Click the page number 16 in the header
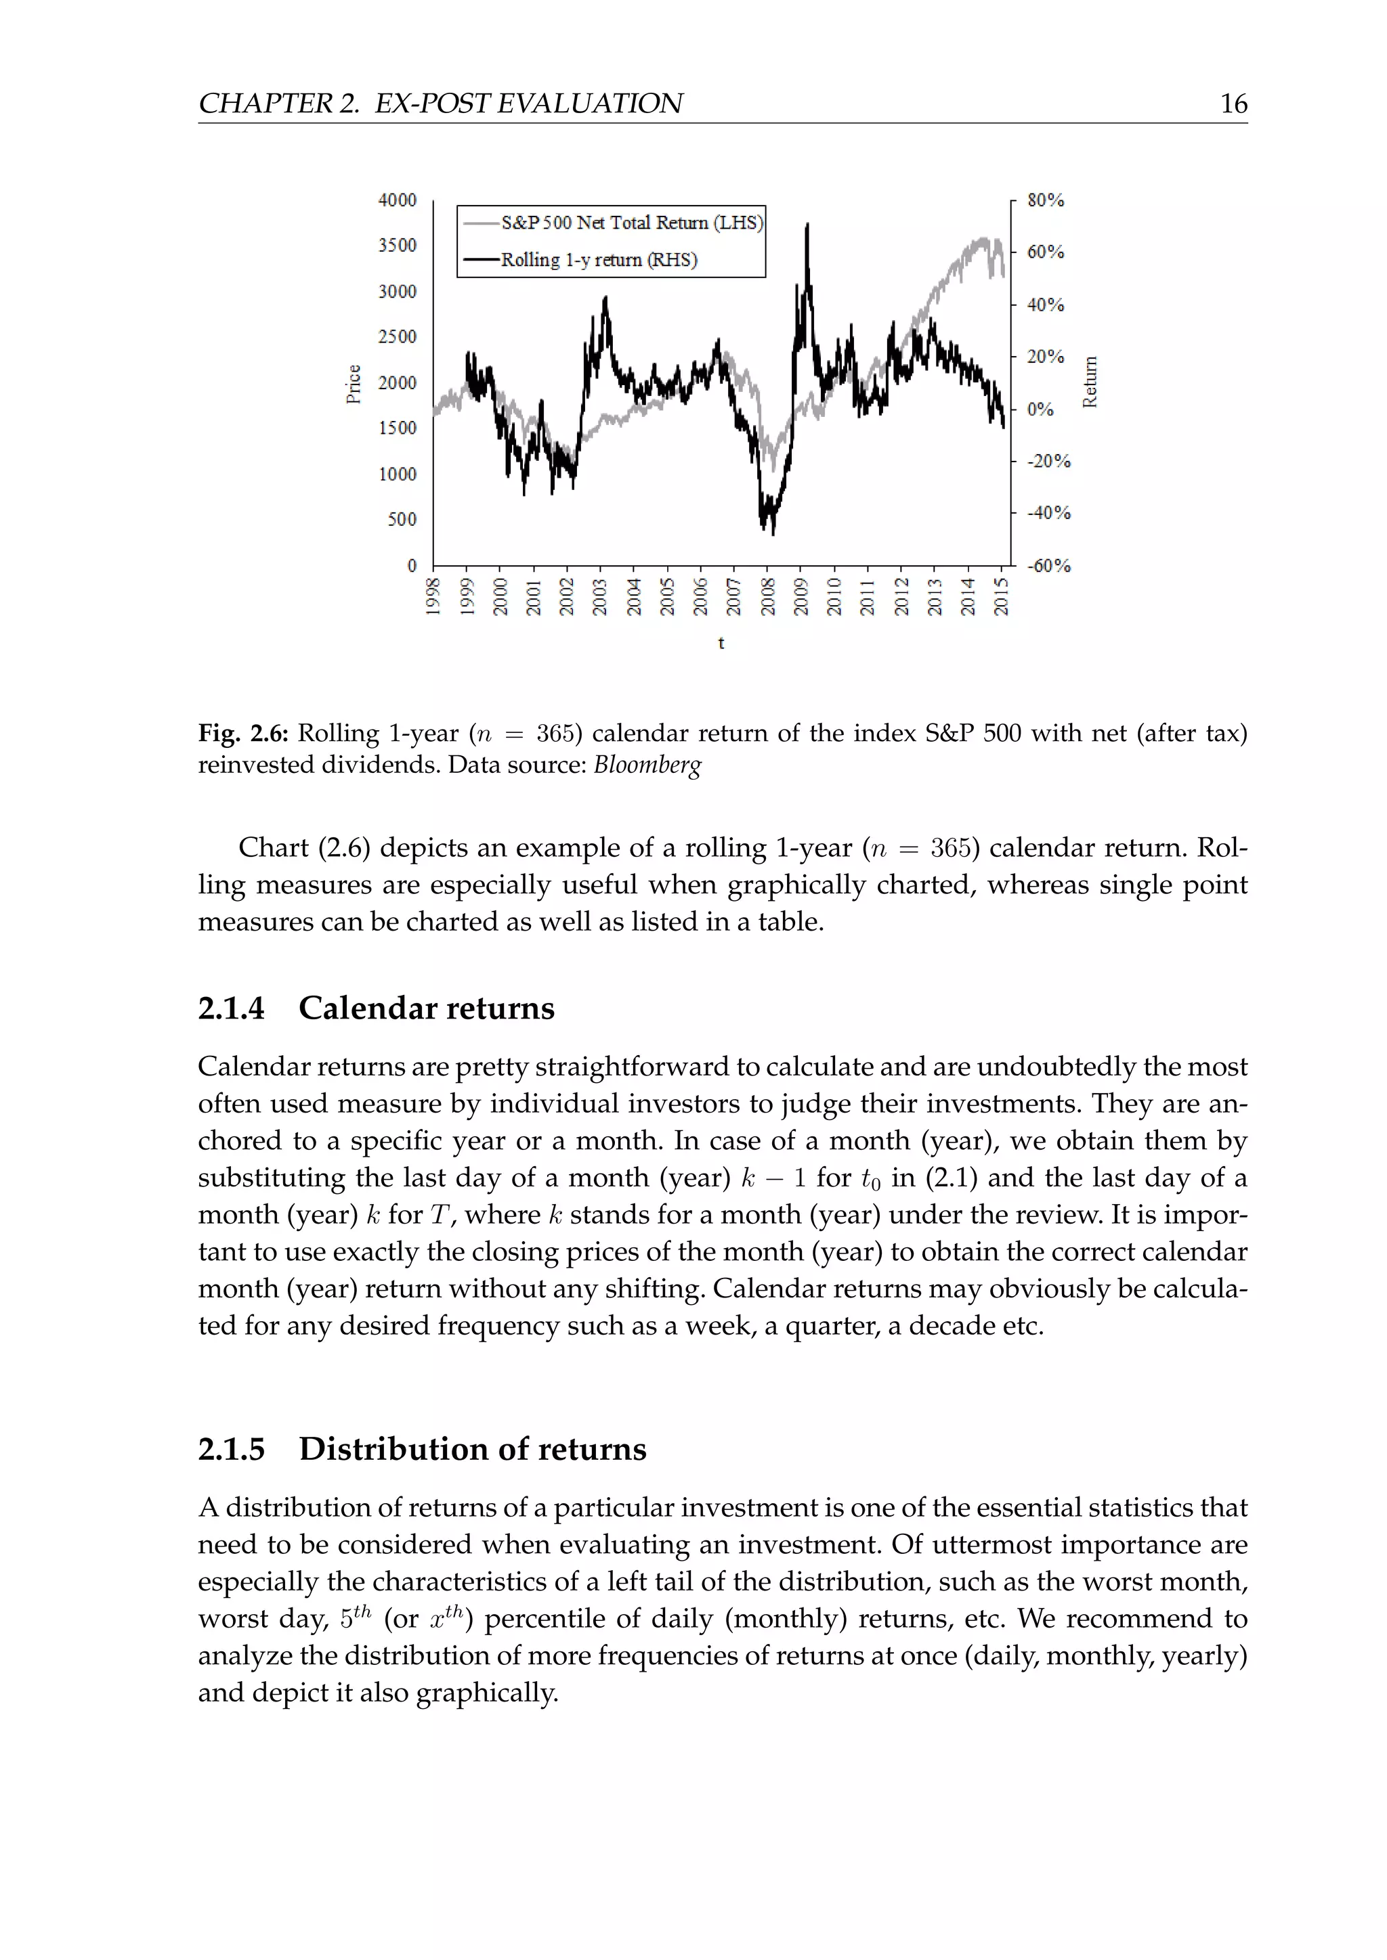coord(1233,104)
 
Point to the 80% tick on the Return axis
coord(1046,200)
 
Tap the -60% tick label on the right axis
coord(1048,566)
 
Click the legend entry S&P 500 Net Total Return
coord(631,223)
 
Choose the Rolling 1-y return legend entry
coord(599,259)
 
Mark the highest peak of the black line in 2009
coord(807,225)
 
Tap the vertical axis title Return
coord(1089,382)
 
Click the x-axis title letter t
coord(721,643)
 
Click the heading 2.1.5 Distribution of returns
coord(422,1448)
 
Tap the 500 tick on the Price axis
coord(402,519)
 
